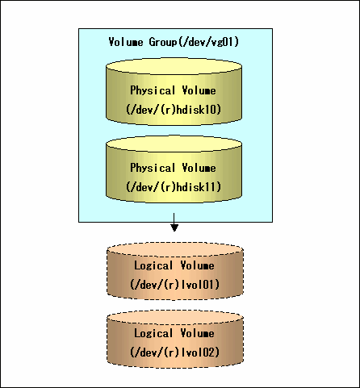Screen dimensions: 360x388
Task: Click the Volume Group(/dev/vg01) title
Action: coord(174,42)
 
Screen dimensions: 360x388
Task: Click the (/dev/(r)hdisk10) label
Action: coord(174,110)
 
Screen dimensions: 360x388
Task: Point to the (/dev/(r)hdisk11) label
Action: coord(174,187)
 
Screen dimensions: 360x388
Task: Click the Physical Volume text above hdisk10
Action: coord(173,90)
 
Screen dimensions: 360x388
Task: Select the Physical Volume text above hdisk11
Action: coord(173,168)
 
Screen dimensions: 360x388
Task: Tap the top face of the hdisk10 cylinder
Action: coord(174,66)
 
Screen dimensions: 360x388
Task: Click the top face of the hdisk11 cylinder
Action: coord(174,144)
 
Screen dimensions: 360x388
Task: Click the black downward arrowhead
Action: coord(174,227)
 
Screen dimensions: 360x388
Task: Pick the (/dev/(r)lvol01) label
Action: coord(175,285)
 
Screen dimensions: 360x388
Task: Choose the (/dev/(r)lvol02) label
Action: coord(175,353)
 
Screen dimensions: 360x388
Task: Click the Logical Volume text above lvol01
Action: coord(174,265)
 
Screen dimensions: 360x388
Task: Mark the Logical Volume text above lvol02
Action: coord(174,333)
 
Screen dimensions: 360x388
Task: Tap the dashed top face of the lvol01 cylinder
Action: coord(175,249)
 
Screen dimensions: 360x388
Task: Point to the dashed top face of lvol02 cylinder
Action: coord(175,317)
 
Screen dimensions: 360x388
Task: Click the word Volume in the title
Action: coord(126,42)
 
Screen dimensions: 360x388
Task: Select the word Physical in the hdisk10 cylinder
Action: coord(153,90)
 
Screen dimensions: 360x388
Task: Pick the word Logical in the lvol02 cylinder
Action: coord(153,333)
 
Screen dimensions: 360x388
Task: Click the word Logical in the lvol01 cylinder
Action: coord(153,265)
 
